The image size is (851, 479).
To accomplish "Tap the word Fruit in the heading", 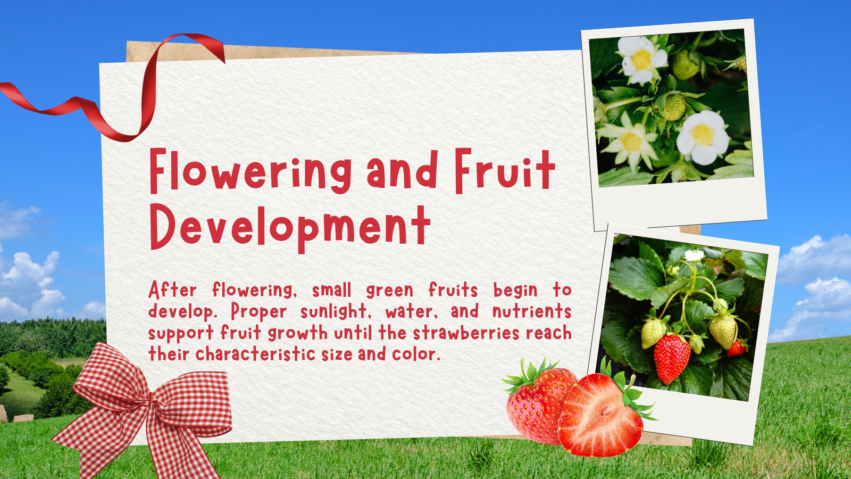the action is tap(505, 170).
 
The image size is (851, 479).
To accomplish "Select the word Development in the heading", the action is tap(290, 227).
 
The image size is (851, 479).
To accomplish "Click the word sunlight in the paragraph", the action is tap(333, 312).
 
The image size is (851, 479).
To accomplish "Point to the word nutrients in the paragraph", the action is tap(532, 311).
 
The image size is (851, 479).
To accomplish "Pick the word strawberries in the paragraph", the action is tap(466, 333).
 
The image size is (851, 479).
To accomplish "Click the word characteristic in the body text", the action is tap(255, 354).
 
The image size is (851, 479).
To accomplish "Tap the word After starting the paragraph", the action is tap(172, 290).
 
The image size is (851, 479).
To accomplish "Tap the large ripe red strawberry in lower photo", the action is tap(672, 358).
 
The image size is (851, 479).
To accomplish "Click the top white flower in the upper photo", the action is tap(641, 60).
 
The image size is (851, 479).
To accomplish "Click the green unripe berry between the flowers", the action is tap(674, 107).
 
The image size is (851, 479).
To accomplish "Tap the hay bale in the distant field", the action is tap(23, 418).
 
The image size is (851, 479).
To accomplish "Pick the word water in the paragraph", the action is tap(411, 312).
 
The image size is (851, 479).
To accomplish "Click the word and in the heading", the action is tap(403, 170).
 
